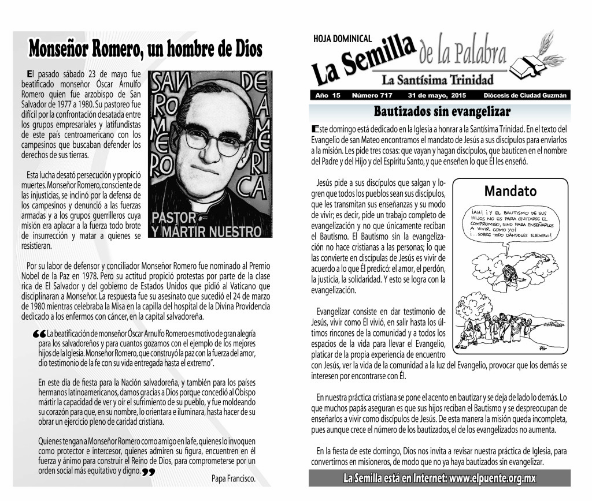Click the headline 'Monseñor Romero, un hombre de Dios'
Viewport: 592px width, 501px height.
coord(145,48)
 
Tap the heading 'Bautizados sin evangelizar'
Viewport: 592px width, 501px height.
coord(441,111)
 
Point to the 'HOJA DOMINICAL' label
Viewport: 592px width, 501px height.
coord(342,39)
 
